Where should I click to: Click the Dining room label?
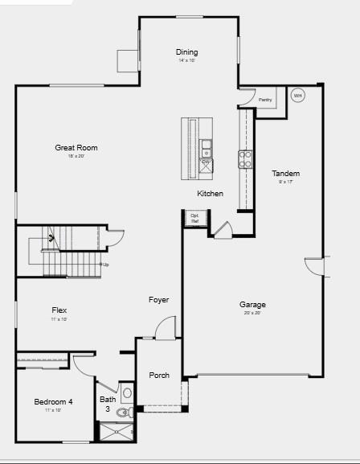coord(186,52)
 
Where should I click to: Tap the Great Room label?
coord(76,147)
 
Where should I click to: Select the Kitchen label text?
coord(211,194)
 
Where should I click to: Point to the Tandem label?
coord(285,173)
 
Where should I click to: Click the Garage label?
coord(252,304)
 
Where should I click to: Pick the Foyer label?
coord(158,300)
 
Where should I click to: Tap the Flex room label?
coord(59,310)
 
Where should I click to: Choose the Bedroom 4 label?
coord(54,401)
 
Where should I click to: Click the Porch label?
coord(159,375)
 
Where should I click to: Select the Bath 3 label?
coord(107,404)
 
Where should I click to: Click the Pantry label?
coord(265,100)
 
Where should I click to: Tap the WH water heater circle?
coord(297,96)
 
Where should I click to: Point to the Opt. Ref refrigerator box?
coord(194,217)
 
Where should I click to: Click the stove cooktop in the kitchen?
coord(245,158)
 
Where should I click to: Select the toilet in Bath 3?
coord(123,413)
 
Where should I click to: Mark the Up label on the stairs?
coord(105,264)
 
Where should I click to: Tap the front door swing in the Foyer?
coord(166,327)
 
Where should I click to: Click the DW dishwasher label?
coord(206,162)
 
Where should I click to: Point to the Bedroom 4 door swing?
coord(84,363)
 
